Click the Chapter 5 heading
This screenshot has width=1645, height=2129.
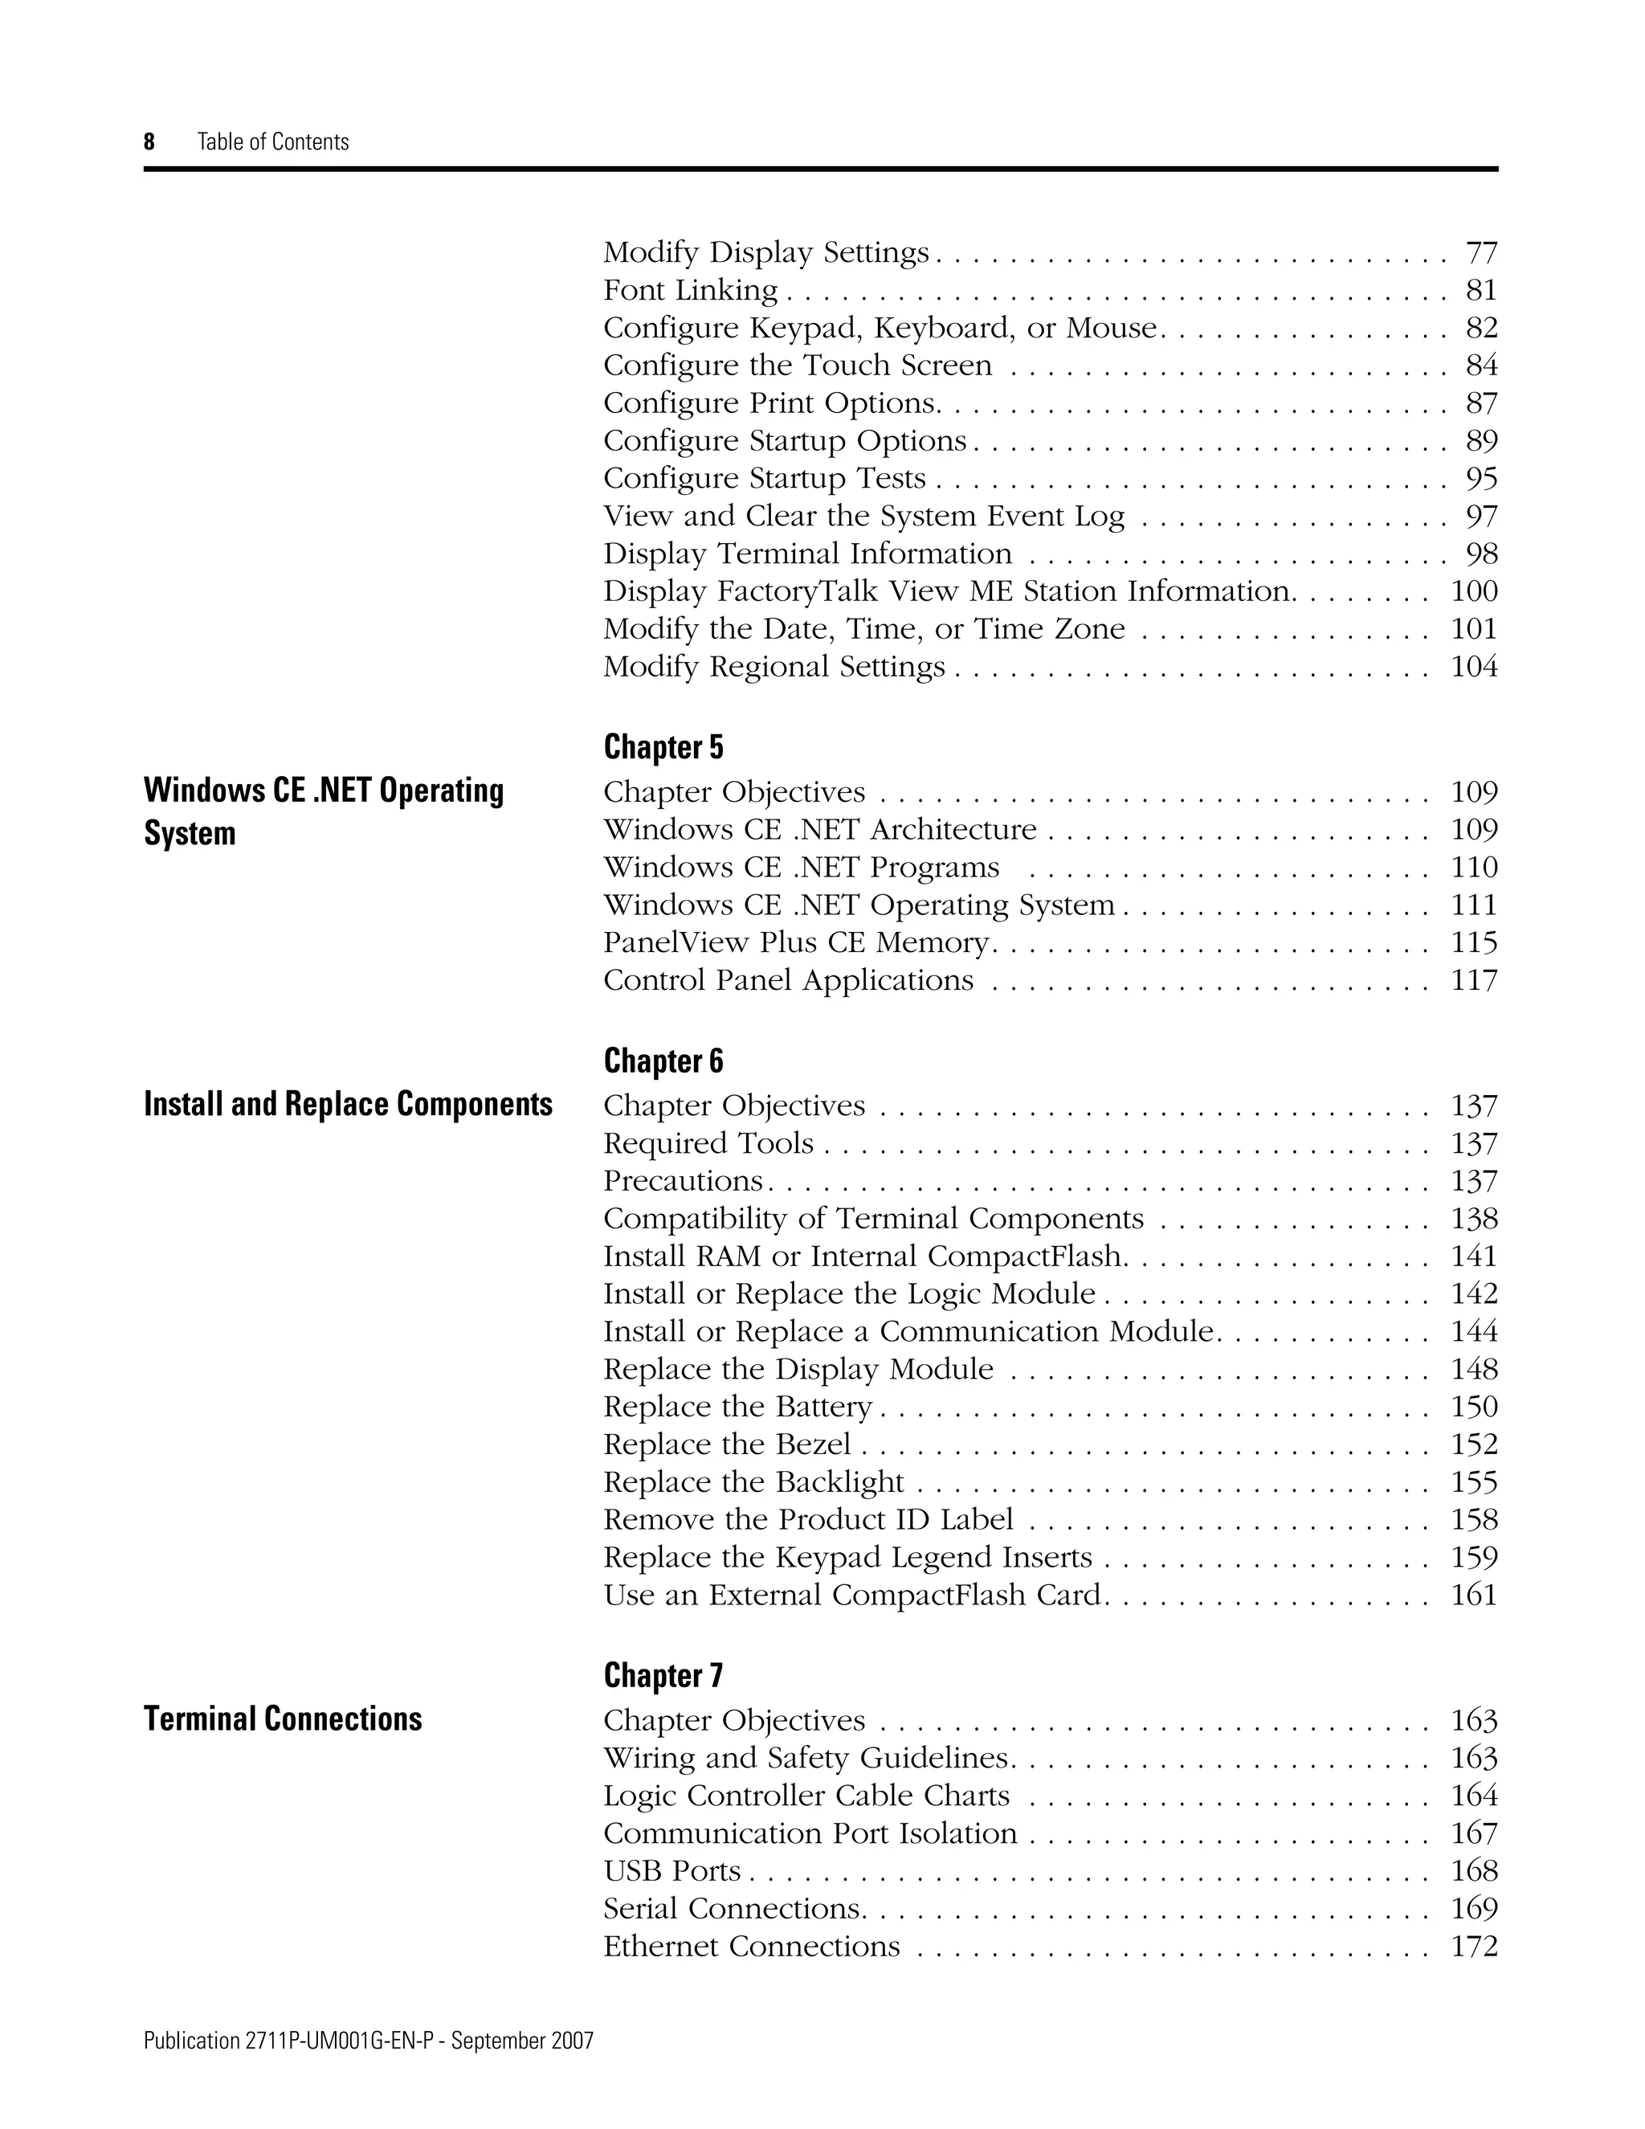pyautogui.click(x=663, y=748)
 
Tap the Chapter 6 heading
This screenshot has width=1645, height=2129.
pyautogui.click(x=663, y=1061)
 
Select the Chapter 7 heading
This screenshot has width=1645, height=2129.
pyautogui.click(x=663, y=1676)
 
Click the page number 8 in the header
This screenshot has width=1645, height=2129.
pyautogui.click(x=149, y=142)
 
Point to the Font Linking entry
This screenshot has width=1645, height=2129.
pyautogui.click(x=690, y=291)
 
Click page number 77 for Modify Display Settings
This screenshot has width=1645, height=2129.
pyautogui.click(x=1481, y=253)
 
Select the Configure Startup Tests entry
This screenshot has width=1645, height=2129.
pyautogui.click(x=764, y=479)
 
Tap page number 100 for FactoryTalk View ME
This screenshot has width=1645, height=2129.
pyautogui.click(x=1473, y=592)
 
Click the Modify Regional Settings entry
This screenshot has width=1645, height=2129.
pyautogui.click(x=774, y=668)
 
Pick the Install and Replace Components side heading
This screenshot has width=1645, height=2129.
pyautogui.click(x=348, y=1105)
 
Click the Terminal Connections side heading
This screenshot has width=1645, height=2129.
pyautogui.click(x=283, y=1718)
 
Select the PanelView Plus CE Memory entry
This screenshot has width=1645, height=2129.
pyautogui.click(x=796, y=942)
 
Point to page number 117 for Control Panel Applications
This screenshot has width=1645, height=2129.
pyautogui.click(x=1473, y=981)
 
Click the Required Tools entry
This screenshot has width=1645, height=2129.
pyautogui.click(x=708, y=1143)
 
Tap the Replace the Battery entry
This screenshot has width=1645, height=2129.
pyautogui.click(x=737, y=1408)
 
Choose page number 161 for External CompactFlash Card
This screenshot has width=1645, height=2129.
pyautogui.click(x=1473, y=1596)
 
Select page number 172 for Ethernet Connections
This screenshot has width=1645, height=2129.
pyautogui.click(x=1473, y=1947)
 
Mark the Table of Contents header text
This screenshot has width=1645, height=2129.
pyautogui.click(x=273, y=142)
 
